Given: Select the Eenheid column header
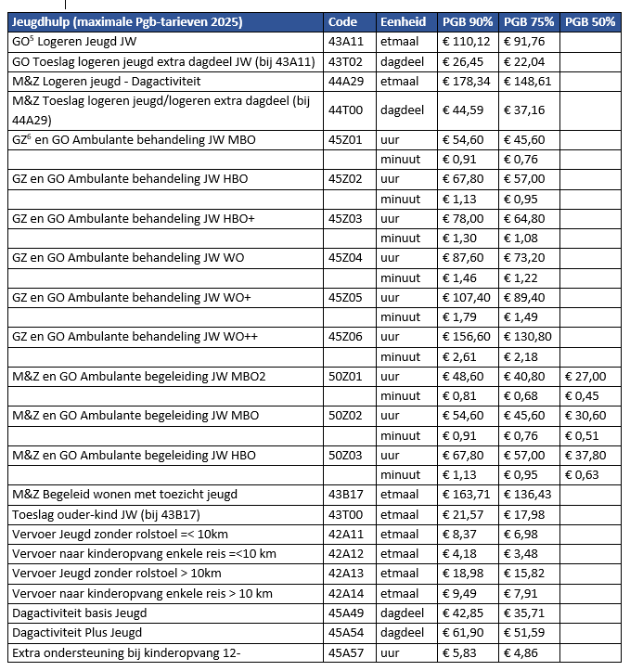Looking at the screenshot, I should point(405,21).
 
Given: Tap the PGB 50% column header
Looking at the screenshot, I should point(590,21).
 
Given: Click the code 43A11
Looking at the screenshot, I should point(346,42).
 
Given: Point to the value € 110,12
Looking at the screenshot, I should point(465,42).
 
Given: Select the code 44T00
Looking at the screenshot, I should point(346,110).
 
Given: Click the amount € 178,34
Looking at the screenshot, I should point(465,82).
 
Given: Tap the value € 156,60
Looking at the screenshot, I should point(465,337).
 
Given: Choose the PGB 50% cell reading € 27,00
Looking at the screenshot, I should point(585,377).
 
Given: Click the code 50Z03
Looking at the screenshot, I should point(346,455).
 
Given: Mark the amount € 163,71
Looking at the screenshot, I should point(465,495).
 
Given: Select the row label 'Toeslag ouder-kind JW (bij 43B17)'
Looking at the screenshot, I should point(108,514).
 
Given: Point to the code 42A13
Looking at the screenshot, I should point(346,574).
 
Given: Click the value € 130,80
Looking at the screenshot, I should point(528,337).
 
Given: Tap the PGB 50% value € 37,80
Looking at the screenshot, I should point(585,455).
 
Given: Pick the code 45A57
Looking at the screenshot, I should point(346,652).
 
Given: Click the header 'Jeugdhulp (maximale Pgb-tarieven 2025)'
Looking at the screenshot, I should point(127,21).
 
